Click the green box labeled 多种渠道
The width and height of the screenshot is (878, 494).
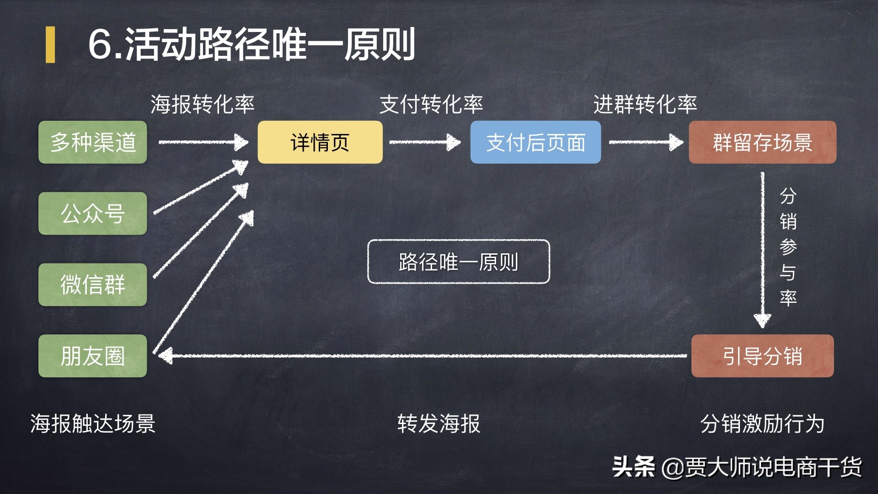(93, 142)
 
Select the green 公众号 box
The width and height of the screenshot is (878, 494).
(93, 214)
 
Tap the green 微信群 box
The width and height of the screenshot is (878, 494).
(93, 285)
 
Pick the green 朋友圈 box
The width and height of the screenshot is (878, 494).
(93, 356)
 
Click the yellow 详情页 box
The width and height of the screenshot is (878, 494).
(320, 142)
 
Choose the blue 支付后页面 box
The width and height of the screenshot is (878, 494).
(535, 142)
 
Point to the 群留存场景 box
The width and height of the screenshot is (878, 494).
(762, 142)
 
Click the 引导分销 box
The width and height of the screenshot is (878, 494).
(762, 356)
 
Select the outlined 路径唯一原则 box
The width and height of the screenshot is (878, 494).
(458, 262)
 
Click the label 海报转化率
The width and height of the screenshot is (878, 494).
(203, 104)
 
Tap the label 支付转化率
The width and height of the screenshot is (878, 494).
(431, 104)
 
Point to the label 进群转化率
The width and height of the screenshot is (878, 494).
(645, 104)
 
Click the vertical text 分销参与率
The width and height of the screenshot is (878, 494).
(788, 247)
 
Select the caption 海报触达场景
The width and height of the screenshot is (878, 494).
(93, 424)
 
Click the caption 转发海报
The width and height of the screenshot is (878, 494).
(439, 424)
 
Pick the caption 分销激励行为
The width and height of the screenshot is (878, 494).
(762, 424)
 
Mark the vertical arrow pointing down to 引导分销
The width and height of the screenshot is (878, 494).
(762, 249)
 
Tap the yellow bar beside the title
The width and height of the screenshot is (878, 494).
(50, 44)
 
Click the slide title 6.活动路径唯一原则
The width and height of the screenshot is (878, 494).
(252, 44)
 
